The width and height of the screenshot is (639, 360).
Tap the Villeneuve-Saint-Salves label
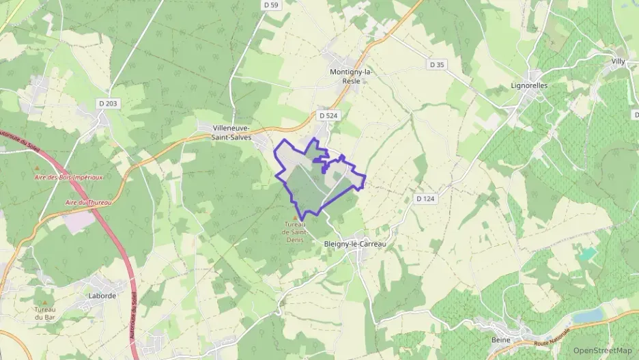[231, 133]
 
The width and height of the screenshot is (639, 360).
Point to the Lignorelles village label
[529, 87]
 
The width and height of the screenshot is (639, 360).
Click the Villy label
[618, 61]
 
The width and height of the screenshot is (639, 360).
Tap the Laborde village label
[102, 296]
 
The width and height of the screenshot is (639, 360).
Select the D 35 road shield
[437, 64]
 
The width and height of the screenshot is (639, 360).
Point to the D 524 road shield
[328, 116]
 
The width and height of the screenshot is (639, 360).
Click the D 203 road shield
[107, 103]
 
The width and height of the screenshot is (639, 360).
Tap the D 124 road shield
[425, 198]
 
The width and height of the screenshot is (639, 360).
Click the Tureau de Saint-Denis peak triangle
[295, 218]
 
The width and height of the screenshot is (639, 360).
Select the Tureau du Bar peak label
[45, 313]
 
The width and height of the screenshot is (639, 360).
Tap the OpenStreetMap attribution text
[603, 350]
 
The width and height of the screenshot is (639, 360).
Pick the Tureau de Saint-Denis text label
[296, 231]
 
